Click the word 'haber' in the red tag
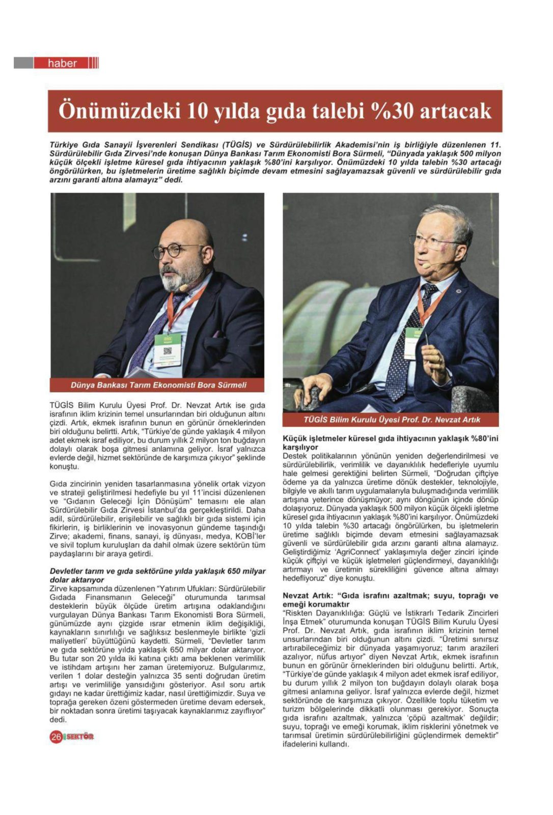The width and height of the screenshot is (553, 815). pos(62,63)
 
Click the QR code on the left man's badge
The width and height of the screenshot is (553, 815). pos(168,351)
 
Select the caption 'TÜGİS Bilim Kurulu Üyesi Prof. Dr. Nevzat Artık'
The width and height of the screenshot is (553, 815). pos(391,420)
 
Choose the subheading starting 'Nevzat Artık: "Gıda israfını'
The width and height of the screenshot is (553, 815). pos(390,600)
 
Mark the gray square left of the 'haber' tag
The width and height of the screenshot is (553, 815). pos(23,63)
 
